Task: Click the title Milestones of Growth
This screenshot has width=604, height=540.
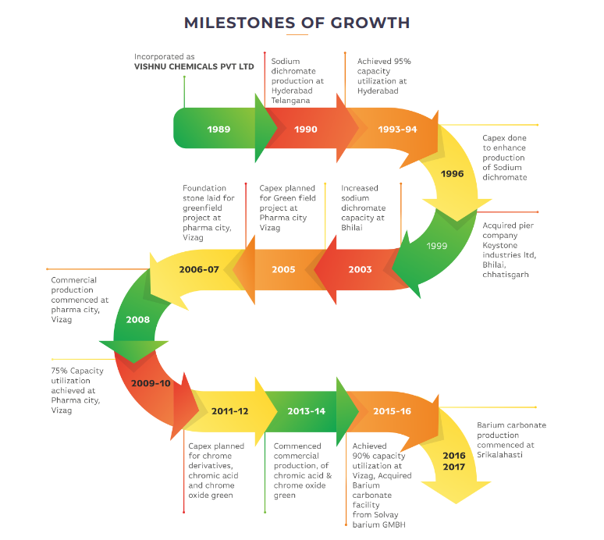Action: tap(297, 23)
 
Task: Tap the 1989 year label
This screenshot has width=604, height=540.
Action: tap(219, 129)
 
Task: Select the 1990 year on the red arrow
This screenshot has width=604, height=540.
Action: tap(306, 129)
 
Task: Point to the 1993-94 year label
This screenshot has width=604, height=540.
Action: tap(397, 129)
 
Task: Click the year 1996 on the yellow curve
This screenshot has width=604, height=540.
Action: tap(453, 174)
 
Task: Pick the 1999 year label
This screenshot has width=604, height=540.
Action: tap(437, 246)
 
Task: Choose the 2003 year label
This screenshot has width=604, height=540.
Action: tap(360, 269)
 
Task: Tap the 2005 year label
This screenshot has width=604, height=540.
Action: tap(283, 269)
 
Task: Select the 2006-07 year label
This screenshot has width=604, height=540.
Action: tap(199, 269)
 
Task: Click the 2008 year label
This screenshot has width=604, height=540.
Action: tap(137, 320)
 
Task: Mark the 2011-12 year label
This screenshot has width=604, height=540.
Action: tap(230, 410)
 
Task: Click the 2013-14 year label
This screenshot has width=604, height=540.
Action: tap(306, 410)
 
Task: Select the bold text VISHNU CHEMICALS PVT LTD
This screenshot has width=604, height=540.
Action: tap(194, 67)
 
